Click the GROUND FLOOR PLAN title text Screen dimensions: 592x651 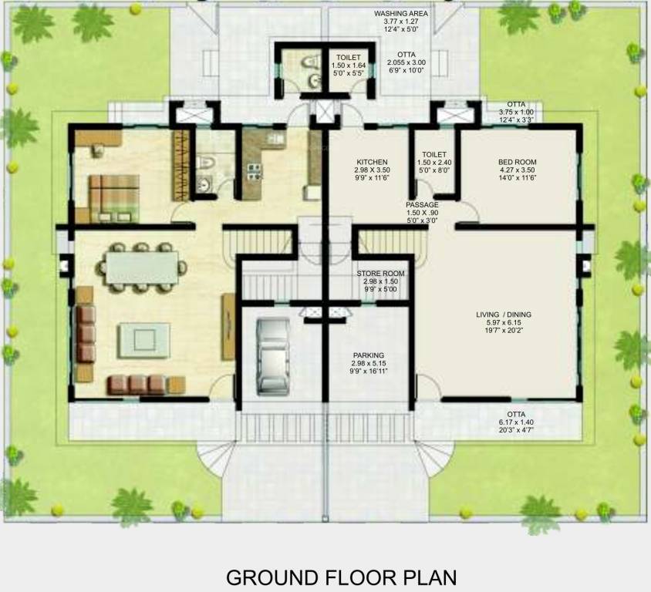[341, 577]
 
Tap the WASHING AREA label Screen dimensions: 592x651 [402, 14]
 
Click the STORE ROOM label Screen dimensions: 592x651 [380, 274]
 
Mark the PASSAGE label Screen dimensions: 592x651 [423, 205]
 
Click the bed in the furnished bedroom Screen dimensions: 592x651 [113, 197]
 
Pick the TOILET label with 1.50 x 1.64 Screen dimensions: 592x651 [347, 58]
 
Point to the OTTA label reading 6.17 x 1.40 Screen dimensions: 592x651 [516, 414]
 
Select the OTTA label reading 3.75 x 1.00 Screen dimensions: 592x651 [517, 104]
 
